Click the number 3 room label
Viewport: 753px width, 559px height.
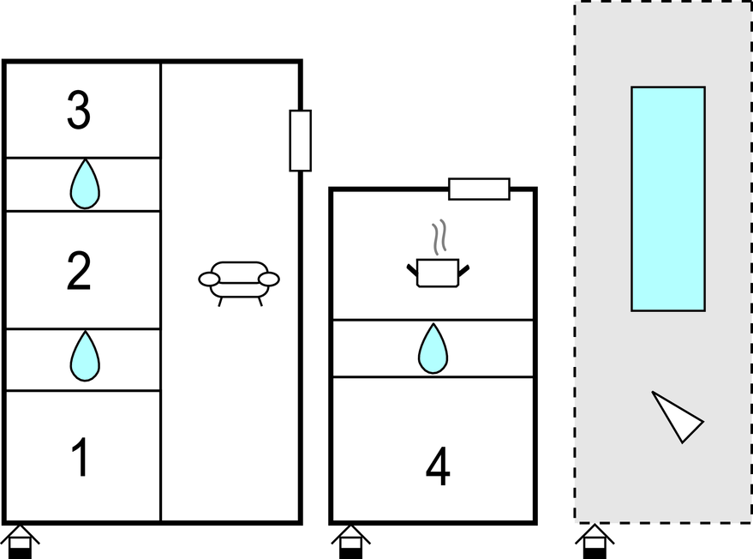79,111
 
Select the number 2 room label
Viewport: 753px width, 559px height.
79,272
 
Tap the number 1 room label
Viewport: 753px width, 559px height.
80,458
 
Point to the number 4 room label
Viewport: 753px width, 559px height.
438,467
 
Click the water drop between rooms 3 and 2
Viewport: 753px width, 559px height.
84,184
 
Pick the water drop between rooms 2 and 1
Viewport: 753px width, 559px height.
84,356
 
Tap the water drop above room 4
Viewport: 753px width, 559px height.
433,349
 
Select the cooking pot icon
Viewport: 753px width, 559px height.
438,273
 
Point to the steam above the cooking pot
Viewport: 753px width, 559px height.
439,237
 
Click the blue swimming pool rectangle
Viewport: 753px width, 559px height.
668,198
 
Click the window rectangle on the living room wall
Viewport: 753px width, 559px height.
300,141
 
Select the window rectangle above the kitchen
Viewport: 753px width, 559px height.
479,189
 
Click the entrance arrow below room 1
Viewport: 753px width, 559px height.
20,542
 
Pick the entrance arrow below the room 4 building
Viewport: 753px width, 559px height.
350,542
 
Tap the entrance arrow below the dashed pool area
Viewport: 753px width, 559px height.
595,542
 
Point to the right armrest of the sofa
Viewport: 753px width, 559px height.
269,279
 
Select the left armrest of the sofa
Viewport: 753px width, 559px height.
209,279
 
